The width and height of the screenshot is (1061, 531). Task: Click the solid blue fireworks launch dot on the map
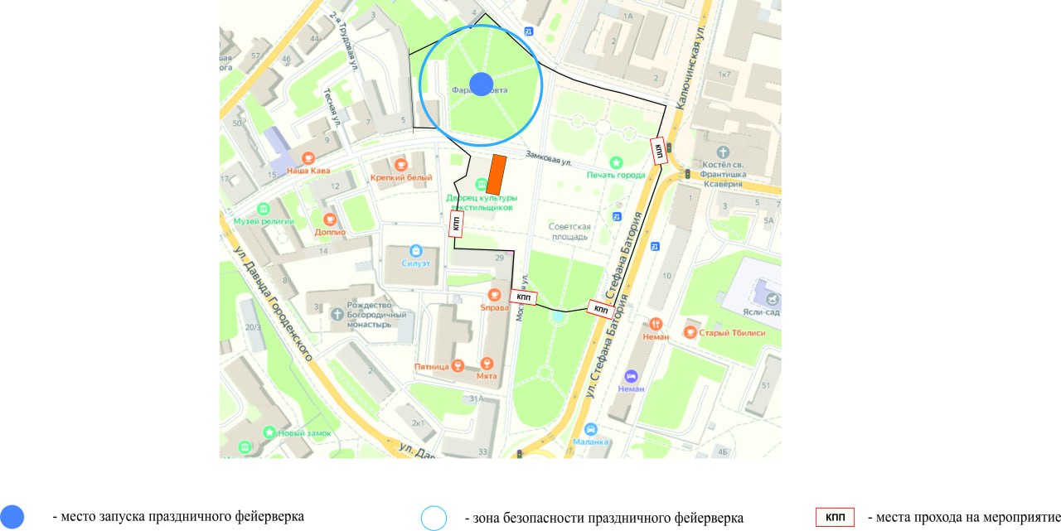[x=482, y=84]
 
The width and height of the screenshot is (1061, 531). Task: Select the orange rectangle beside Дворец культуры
[x=496, y=175]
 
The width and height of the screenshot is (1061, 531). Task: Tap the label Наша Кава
[x=308, y=171]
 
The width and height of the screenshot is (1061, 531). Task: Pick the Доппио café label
[x=329, y=232]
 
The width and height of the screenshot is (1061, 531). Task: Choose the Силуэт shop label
[x=415, y=263]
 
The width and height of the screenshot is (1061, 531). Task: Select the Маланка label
[x=591, y=442]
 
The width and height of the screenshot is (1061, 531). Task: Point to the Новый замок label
[x=303, y=433]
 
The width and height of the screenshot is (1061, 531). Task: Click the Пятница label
[x=432, y=366]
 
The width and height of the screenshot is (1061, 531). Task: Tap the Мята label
[x=487, y=375]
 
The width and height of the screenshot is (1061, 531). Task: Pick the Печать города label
[x=616, y=175]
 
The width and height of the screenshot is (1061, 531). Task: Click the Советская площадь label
[x=569, y=232]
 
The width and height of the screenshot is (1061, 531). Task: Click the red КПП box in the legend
[x=835, y=518]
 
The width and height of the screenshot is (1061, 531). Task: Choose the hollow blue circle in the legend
[x=434, y=518]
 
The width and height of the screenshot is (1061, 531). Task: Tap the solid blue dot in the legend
[x=12, y=516]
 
